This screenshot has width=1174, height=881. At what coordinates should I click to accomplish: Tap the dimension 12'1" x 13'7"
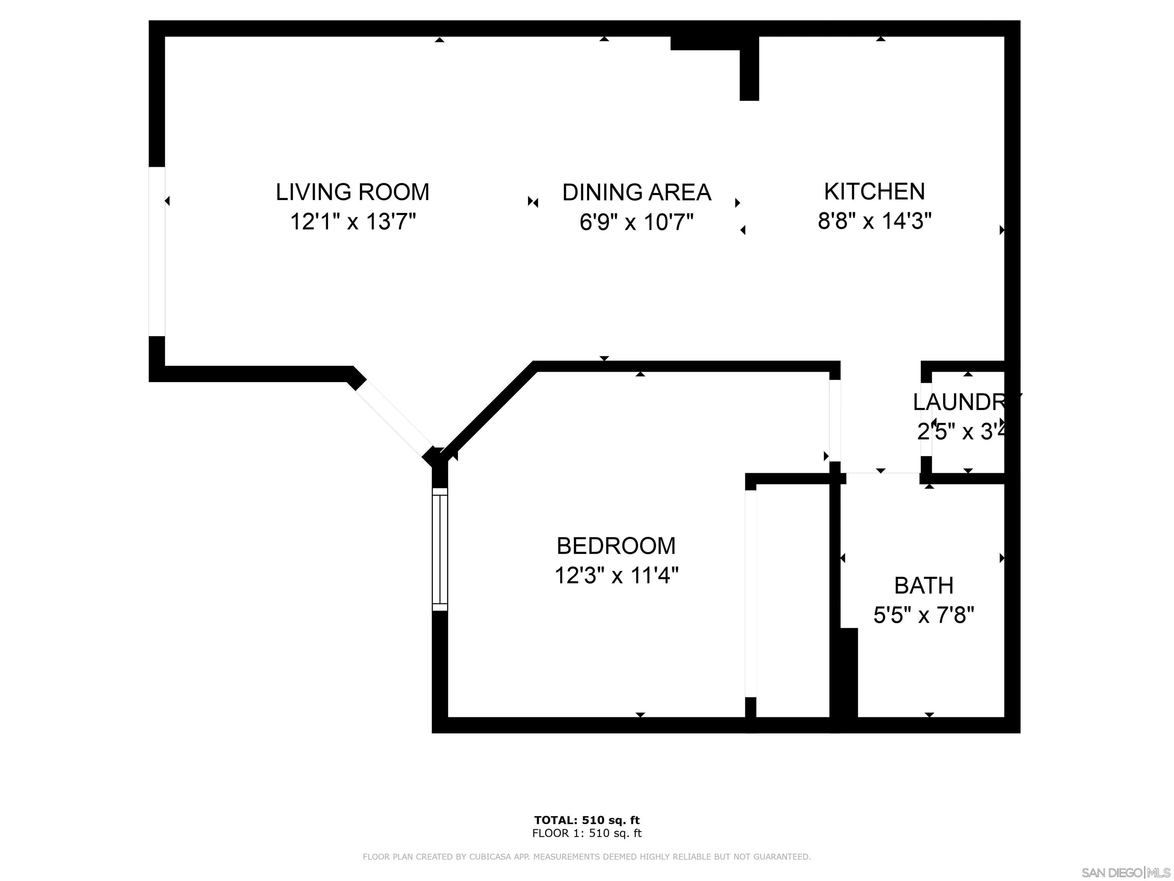tap(352, 221)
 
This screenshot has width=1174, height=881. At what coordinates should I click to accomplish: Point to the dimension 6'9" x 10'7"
tap(636, 221)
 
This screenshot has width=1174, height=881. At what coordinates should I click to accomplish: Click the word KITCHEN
tap(874, 191)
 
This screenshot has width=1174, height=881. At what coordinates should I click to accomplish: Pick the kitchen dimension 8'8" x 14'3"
tap(874, 220)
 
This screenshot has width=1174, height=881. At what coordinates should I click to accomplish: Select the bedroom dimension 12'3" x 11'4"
tap(616, 575)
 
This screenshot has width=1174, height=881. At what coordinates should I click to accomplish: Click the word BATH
tap(923, 586)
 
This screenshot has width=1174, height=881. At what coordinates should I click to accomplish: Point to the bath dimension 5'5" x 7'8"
tap(923, 616)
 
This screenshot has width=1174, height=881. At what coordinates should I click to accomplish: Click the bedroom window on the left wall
tap(440, 549)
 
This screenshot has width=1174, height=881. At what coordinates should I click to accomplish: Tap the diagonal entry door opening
tap(394, 419)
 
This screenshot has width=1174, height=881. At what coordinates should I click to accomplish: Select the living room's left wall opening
tap(157, 252)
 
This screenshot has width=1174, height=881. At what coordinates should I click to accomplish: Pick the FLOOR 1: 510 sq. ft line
tap(587, 833)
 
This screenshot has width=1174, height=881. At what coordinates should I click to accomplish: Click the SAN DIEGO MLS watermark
tap(1125, 873)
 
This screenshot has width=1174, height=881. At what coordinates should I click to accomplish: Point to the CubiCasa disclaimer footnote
tap(587, 857)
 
